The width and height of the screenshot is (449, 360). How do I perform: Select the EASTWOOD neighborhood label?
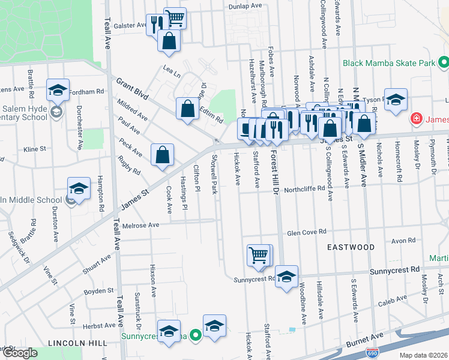(351, 247)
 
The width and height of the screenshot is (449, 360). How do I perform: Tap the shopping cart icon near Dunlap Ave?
(175, 18)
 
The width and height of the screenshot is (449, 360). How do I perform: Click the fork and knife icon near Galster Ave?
(155, 24)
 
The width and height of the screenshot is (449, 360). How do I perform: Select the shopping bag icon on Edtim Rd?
(187, 109)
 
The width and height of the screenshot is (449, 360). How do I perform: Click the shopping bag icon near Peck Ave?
(162, 155)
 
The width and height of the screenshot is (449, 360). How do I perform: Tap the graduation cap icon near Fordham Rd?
(58, 91)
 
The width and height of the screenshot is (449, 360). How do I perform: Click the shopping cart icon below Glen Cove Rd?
(259, 255)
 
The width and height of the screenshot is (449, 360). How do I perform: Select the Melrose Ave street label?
(141, 226)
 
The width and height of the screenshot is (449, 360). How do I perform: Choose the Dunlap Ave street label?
(246, 6)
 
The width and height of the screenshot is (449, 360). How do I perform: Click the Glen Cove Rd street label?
(306, 232)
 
